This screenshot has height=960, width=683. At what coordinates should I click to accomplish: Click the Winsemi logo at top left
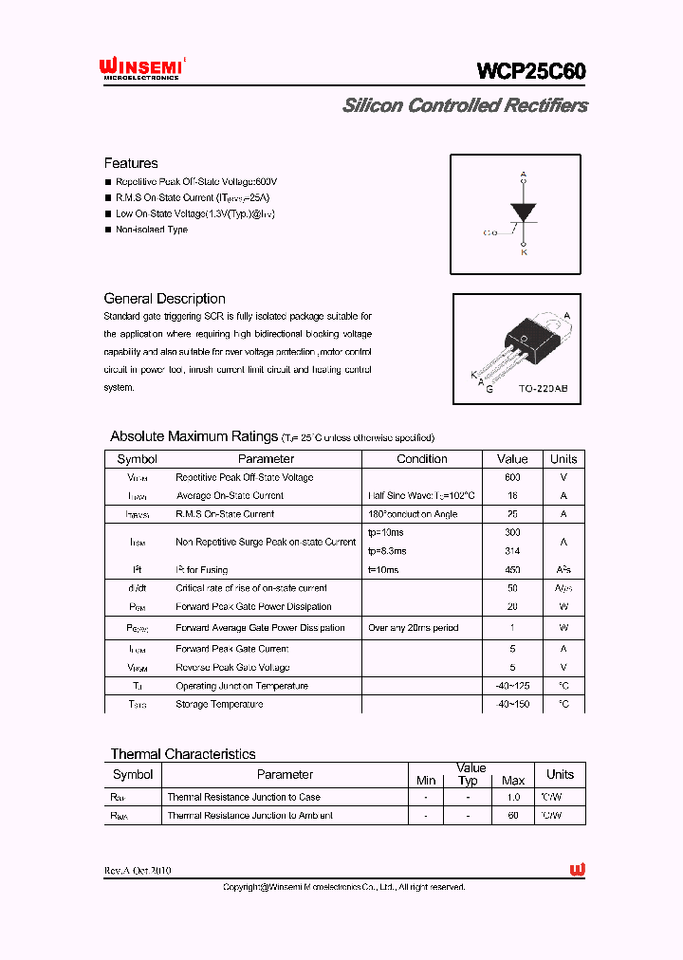pyautogui.click(x=141, y=68)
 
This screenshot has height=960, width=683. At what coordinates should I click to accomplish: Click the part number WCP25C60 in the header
pyautogui.click(x=531, y=71)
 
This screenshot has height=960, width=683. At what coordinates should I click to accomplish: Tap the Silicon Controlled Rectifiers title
pyautogui.click(x=465, y=105)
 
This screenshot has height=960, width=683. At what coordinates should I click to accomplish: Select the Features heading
pyautogui.click(x=131, y=163)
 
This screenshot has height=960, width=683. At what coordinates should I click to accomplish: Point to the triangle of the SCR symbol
pyautogui.click(x=523, y=212)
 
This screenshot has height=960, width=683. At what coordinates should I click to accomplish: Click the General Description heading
pyautogui.click(x=164, y=299)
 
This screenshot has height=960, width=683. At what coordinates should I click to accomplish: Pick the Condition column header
pyautogui.click(x=422, y=459)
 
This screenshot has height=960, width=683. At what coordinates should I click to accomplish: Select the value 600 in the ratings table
pyautogui.click(x=513, y=478)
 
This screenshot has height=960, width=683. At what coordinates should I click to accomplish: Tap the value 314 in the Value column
pyautogui.click(x=513, y=551)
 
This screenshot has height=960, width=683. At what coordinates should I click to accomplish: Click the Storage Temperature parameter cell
pyautogui.click(x=219, y=705)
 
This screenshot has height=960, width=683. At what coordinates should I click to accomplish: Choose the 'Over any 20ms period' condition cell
pyautogui.click(x=413, y=628)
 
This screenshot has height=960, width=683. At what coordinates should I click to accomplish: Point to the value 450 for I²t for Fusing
pyautogui.click(x=513, y=570)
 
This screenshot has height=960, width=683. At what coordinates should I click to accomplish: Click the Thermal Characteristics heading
pyautogui.click(x=183, y=754)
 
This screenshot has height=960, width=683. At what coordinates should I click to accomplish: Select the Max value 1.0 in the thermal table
pyautogui.click(x=513, y=798)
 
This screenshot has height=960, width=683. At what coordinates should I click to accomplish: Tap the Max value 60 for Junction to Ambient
pyautogui.click(x=513, y=816)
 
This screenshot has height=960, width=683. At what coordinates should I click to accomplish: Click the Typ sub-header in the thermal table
pyautogui.click(x=468, y=781)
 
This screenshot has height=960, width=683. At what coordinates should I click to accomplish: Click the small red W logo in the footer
pyautogui.click(x=577, y=870)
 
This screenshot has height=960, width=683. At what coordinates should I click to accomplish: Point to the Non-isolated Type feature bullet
pyautogui.click(x=152, y=230)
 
